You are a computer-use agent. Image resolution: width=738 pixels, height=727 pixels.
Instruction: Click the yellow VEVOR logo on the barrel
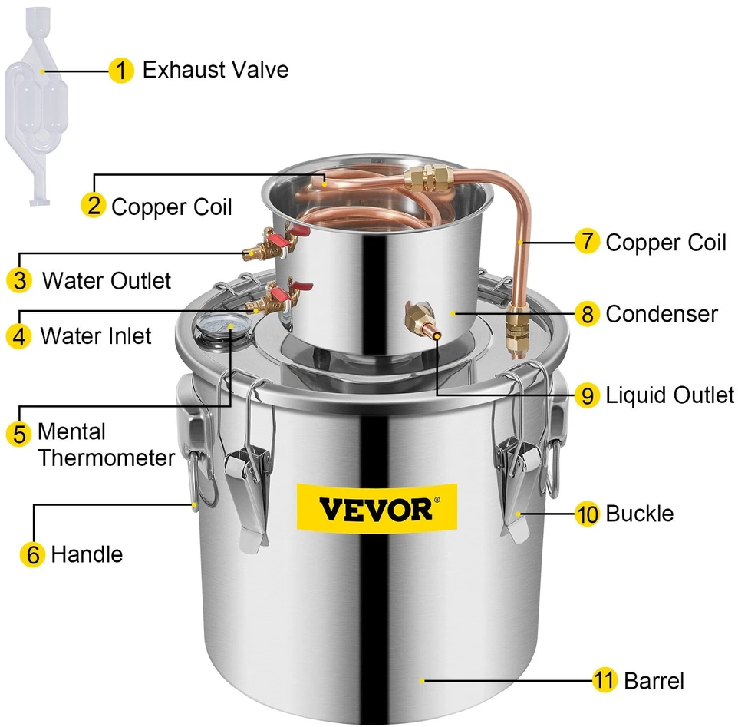[377, 507]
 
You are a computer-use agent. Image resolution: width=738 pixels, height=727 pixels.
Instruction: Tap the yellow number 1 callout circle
[121, 71]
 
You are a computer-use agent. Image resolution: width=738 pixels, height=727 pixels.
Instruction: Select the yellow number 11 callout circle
[605, 680]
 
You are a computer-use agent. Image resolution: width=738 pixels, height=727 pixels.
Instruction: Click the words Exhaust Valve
[216, 70]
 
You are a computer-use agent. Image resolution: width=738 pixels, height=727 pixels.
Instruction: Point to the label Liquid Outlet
[670, 395]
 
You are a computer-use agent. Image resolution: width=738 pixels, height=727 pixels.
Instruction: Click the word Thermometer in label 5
[107, 458]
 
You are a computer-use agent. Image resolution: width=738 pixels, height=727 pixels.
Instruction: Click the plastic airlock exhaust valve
[36, 105]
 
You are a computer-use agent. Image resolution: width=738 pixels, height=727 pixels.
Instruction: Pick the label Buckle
[640, 514]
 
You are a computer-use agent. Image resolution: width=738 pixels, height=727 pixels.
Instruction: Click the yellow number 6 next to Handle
[32, 554]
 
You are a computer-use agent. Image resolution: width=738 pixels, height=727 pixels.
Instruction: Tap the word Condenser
[661, 314]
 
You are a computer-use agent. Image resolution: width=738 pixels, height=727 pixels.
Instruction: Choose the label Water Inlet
[96, 336]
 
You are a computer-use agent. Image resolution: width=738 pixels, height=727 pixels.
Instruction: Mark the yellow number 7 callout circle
[588, 242]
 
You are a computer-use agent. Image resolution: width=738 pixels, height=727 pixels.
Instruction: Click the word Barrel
[654, 681]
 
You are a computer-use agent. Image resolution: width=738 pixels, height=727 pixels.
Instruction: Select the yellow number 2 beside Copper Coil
[94, 205]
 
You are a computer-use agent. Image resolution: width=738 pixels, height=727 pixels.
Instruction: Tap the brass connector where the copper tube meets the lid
[517, 329]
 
